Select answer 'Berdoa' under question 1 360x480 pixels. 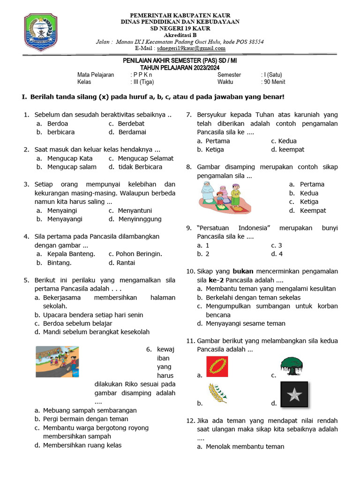58,124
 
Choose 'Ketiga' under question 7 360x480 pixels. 215,150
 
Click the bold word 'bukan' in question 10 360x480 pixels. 243,271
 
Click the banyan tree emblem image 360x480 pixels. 292,366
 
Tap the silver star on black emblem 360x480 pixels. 294,395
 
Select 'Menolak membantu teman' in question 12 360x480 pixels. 245,447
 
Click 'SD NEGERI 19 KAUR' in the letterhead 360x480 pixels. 180,28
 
